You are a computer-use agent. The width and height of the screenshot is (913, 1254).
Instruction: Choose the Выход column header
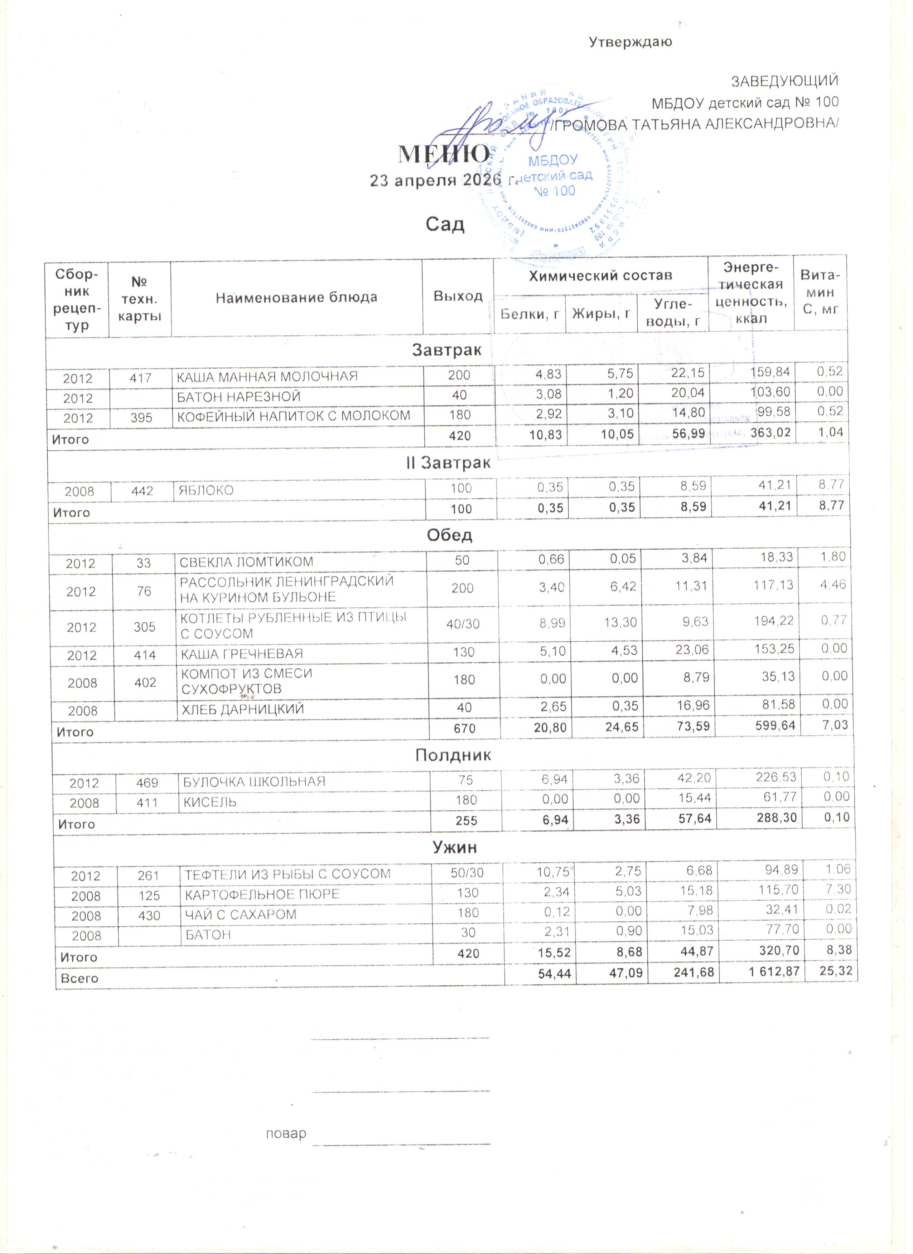458,297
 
